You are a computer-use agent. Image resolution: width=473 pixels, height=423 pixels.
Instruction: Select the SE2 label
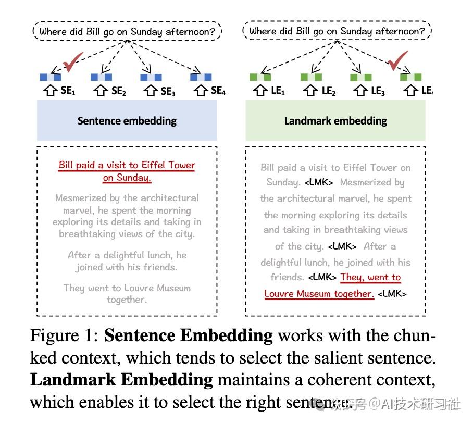click(x=119, y=91)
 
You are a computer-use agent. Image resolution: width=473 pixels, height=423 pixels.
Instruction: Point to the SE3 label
click(x=168, y=91)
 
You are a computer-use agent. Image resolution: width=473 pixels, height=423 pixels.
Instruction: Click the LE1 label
click(x=277, y=91)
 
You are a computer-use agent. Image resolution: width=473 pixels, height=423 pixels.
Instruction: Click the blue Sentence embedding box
click(x=127, y=120)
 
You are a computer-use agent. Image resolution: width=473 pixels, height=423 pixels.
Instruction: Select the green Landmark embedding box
click(x=335, y=120)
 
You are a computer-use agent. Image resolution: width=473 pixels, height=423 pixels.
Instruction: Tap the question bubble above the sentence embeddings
click(x=127, y=32)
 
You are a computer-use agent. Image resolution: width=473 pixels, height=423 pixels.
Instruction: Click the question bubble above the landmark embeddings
click(x=337, y=31)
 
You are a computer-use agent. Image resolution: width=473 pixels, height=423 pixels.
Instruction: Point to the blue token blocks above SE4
click(x=201, y=77)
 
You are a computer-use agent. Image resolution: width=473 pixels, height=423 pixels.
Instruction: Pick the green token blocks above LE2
click(x=311, y=77)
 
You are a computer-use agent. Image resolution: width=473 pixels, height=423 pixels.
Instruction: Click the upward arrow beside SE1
click(x=51, y=91)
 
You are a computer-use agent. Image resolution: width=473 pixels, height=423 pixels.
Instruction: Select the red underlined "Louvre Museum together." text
click(x=319, y=293)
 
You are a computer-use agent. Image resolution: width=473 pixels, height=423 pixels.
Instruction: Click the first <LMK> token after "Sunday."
click(x=319, y=182)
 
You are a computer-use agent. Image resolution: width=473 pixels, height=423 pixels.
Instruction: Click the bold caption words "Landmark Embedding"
click(x=121, y=380)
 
